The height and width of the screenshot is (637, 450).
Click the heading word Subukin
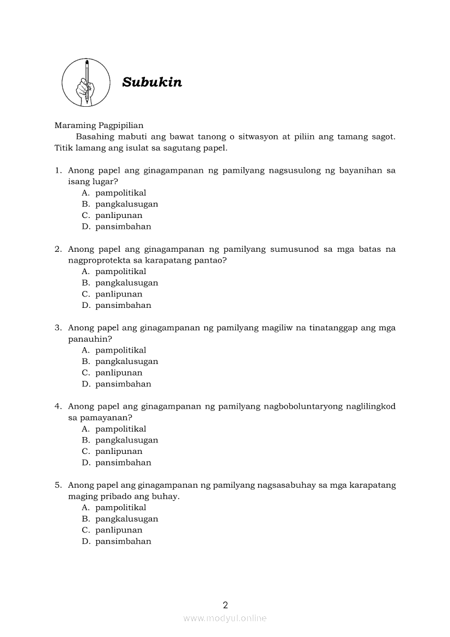click(152, 82)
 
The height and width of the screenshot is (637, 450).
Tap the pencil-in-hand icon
click(86, 83)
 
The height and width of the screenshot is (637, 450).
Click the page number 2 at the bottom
click(225, 604)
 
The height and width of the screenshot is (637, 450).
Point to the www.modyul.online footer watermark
click(225, 618)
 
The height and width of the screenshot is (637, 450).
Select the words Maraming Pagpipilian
click(99, 125)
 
